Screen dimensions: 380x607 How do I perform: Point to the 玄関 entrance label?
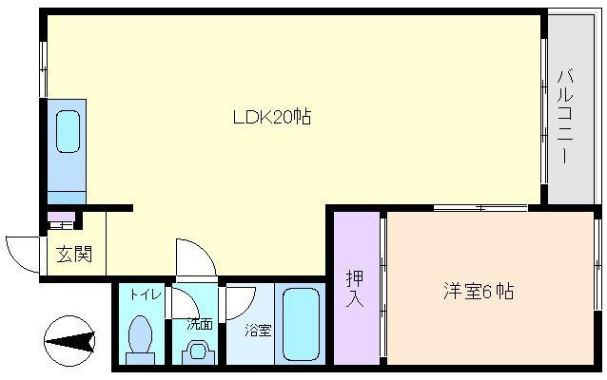pyautogui.click(x=73, y=255)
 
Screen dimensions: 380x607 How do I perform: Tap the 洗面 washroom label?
pyautogui.click(x=199, y=324)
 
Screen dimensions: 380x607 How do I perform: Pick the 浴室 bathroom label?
pyautogui.click(x=258, y=330)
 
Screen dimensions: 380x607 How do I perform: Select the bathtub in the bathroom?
pyautogui.click(x=303, y=324)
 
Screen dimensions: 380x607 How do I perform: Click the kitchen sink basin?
pyautogui.click(x=68, y=131)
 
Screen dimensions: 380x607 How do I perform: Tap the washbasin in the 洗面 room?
pyautogui.click(x=200, y=350)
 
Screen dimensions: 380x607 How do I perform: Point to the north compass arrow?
pyautogui.click(x=70, y=338)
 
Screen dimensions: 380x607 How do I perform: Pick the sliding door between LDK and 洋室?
pyautogui.click(x=480, y=207)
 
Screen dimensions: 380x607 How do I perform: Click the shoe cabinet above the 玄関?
pyautogui.click(x=62, y=223)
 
